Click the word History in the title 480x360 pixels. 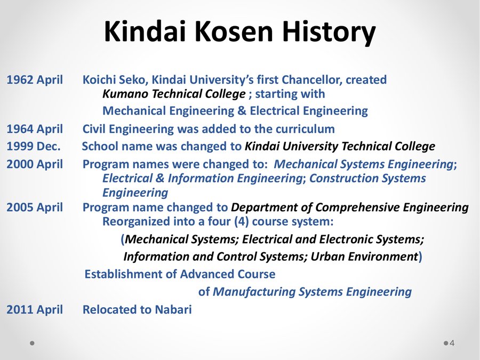click(329, 32)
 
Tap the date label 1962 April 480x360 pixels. click(35, 80)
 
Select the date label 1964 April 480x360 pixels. click(35, 129)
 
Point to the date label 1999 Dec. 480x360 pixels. click(34, 146)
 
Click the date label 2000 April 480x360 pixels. click(35, 164)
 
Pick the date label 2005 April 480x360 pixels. click(35, 207)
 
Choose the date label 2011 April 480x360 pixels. click(35, 309)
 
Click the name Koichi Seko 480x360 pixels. click(115, 80)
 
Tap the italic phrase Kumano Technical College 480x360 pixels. click(174, 94)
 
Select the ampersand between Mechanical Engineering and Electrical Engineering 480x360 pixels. click(242, 111)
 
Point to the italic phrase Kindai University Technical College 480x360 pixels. click(340, 146)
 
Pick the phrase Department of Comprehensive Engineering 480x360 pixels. click(349, 207)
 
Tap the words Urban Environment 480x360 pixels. click(364, 257)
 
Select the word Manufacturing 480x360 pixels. click(254, 292)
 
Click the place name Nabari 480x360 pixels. click(173, 309)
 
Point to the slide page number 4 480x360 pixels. click(452, 343)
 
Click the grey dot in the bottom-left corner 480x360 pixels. click(32, 343)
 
